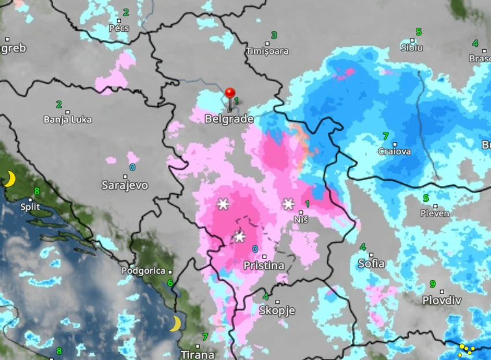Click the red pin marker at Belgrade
pyautogui.click(x=230, y=94)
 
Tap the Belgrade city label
pyautogui.click(x=229, y=119)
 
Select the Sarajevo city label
pyautogui.click(x=125, y=185)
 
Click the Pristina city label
pyautogui.click(x=264, y=266)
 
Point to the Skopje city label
pyautogui.click(x=277, y=311)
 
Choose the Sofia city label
pyautogui.click(x=371, y=263)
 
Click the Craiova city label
pyautogui.click(x=395, y=151)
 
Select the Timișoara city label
pyautogui.click(x=267, y=51)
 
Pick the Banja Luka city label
pyautogui.click(x=68, y=120)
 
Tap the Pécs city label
pyautogui.click(x=119, y=28)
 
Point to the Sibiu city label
pyautogui.click(x=412, y=47)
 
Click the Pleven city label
pyautogui.click(x=435, y=213)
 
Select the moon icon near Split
pyautogui.click(x=9, y=179)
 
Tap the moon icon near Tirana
pyautogui.click(x=175, y=324)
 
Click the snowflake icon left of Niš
pyautogui.click(x=288, y=203)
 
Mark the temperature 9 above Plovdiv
pyautogui.click(x=432, y=284)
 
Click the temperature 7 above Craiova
pyautogui.click(x=385, y=136)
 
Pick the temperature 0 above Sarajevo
pyautogui.click(x=132, y=168)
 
